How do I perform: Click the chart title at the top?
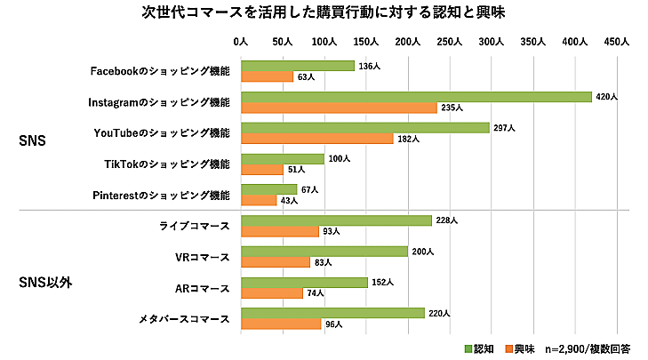[324, 12]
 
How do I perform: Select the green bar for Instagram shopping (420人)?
[416, 97]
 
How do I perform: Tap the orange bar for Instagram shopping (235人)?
[339, 108]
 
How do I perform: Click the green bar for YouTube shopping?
[364, 128]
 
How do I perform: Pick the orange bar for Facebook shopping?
[267, 76]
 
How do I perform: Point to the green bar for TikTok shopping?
[283, 159]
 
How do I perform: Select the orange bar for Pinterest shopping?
[259, 201]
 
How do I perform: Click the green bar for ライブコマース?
[336, 220]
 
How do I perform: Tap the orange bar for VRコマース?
[276, 262]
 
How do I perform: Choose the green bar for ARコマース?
[304, 283]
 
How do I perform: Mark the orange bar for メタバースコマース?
[281, 324]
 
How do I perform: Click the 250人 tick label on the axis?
[450, 42]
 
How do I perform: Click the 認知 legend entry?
[478, 348]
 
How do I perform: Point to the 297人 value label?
[503, 128]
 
